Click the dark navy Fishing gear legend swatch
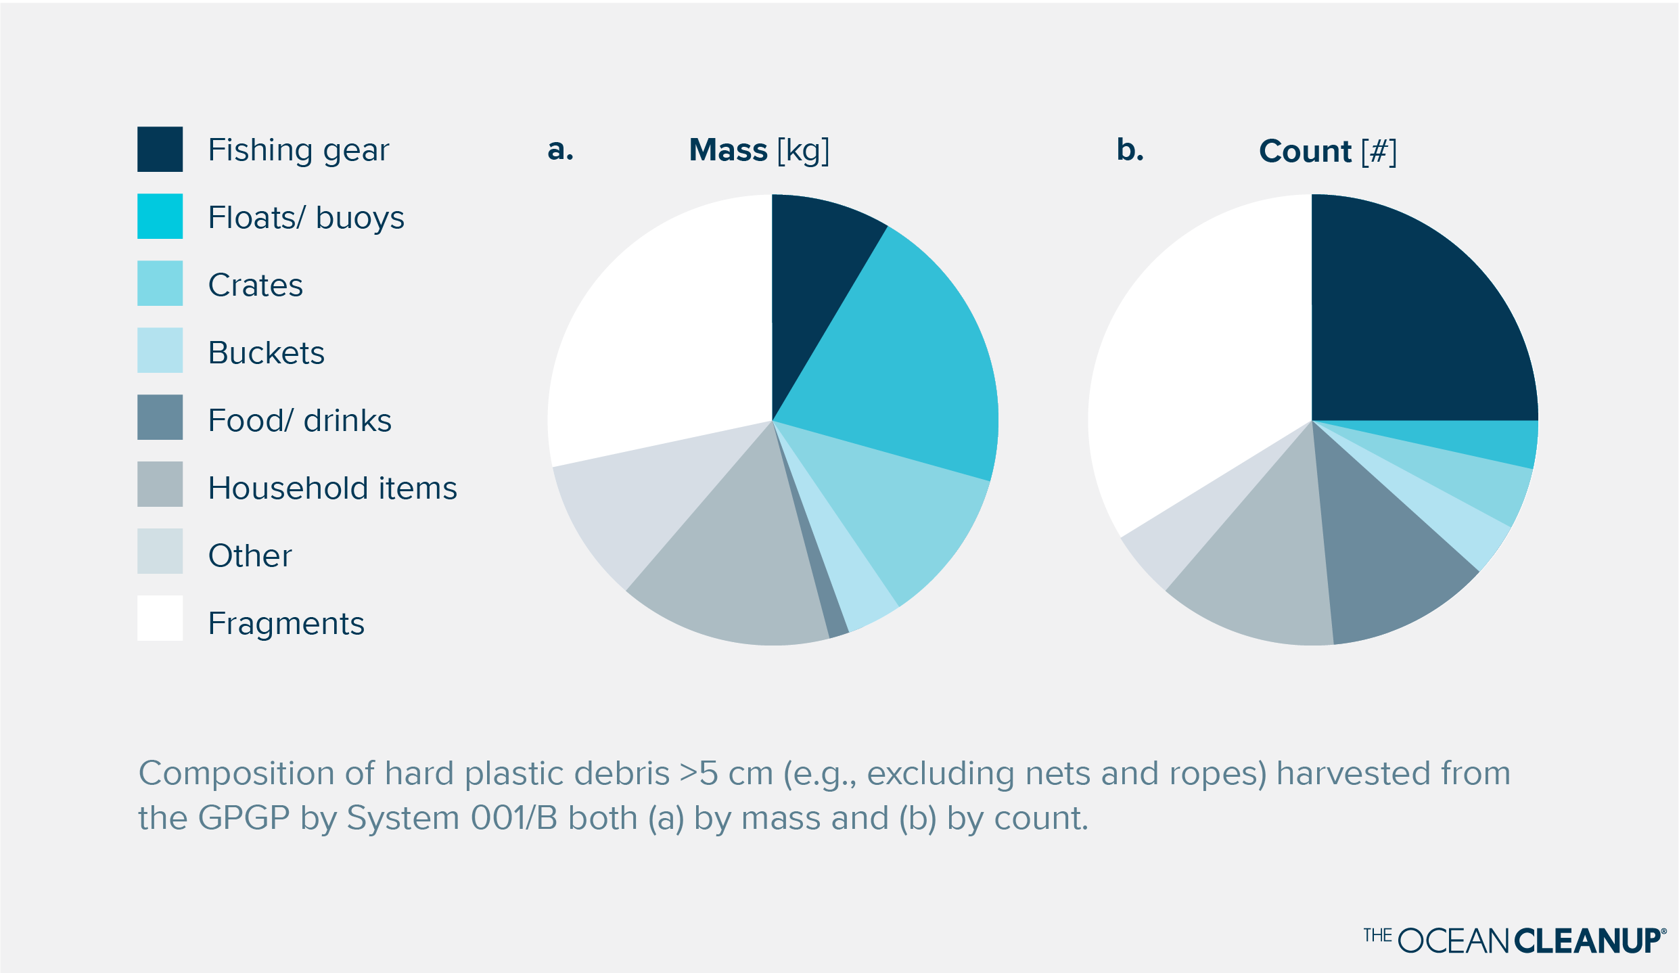click(x=160, y=149)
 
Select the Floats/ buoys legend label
click(x=306, y=218)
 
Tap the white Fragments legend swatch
click(x=160, y=618)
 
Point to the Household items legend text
click(x=332, y=488)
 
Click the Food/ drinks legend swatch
click(x=160, y=417)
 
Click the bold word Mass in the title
click(x=728, y=150)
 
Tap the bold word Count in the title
click(x=1304, y=152)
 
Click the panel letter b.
click(x=1129, y=150)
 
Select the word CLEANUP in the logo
click(x=1586, y=941)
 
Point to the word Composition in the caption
click(x=236, y=773)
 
